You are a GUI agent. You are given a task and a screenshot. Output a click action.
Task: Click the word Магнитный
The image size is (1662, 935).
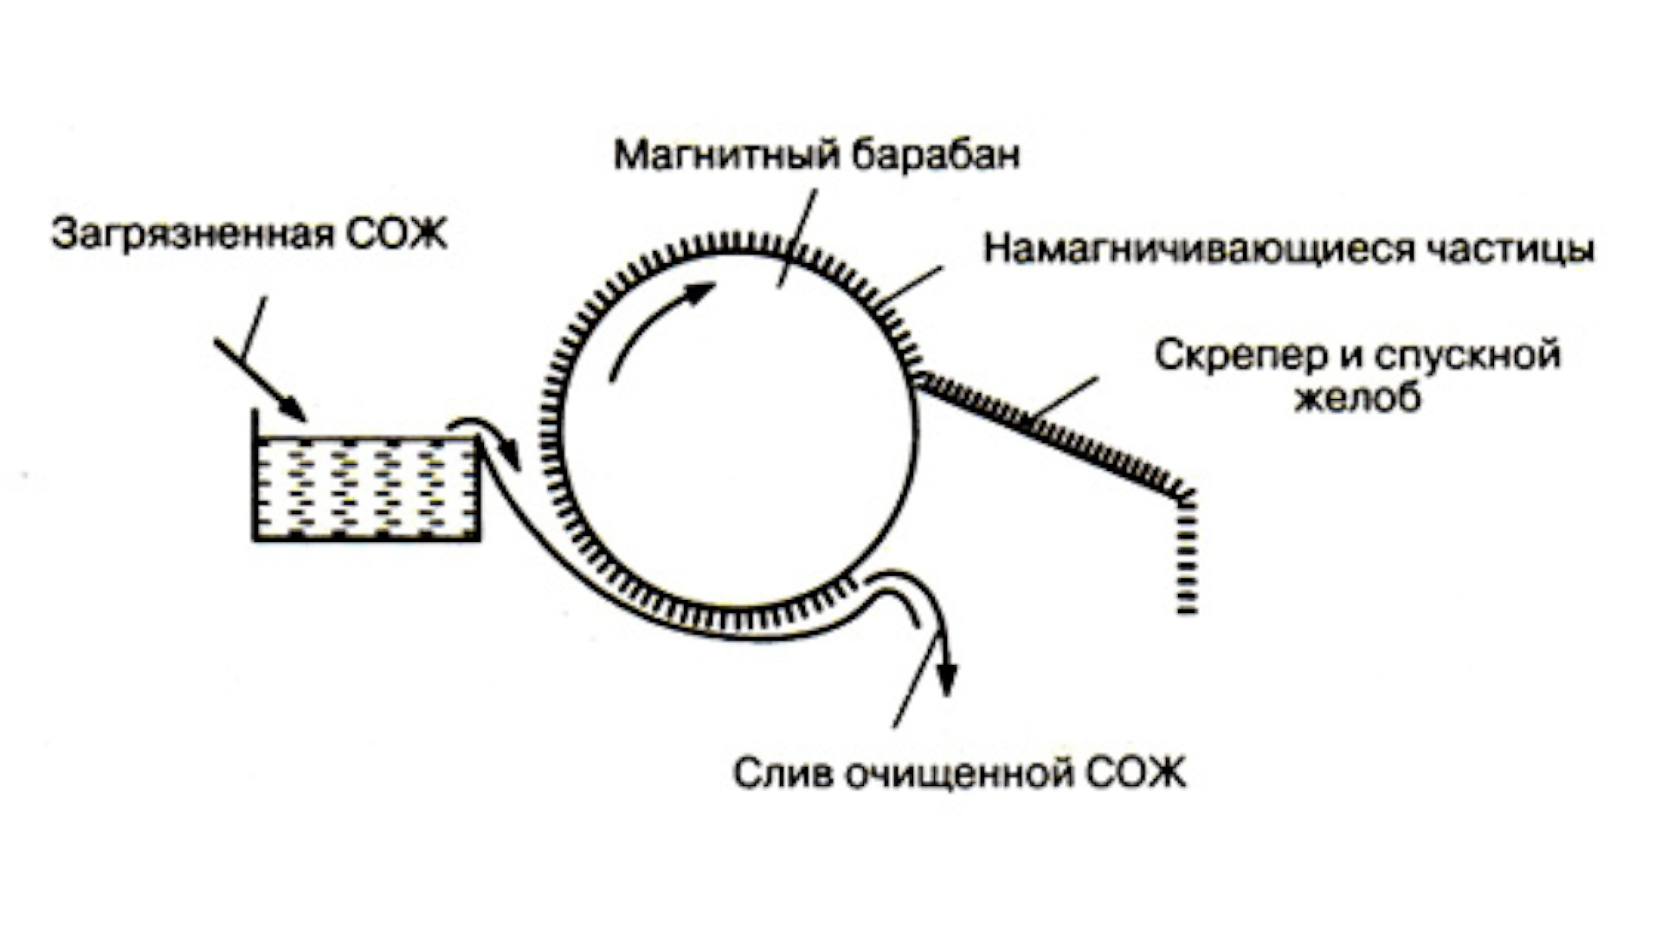727,156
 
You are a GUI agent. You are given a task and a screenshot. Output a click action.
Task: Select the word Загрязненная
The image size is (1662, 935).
192,235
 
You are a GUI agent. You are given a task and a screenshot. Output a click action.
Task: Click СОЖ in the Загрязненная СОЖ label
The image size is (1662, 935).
396,234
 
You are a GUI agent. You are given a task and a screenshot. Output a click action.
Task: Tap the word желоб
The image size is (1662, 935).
1357,397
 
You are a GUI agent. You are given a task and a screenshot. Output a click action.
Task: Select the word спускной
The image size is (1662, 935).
1468,357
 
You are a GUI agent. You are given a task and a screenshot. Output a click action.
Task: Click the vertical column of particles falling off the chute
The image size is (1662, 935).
1187,554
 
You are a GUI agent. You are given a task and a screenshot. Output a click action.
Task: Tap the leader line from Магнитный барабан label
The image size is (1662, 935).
796,238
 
